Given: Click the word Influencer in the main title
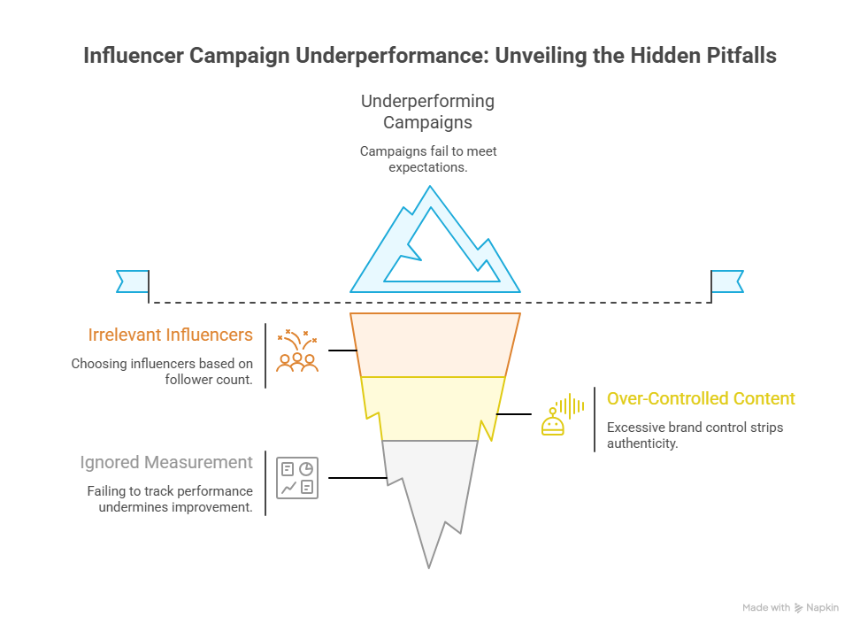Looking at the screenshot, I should tap(131, 55).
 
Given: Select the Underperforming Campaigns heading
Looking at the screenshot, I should tap(428, 112).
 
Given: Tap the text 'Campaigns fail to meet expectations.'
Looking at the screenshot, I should tap(428, 158).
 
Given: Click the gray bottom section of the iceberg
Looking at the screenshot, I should tap(429, 487).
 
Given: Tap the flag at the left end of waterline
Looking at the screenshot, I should tap(134, 281).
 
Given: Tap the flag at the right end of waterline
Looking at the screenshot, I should tap(726, 281).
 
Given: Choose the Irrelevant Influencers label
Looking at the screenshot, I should tap(170, 335).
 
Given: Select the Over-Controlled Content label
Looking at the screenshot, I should tap(701, 398).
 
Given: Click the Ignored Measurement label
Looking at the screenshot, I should tap(166, 462).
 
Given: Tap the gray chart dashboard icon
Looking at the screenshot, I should tap(297, 478).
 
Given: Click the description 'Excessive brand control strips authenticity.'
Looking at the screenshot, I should tap(695, 435).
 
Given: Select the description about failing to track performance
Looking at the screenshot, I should tap(170, 499).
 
